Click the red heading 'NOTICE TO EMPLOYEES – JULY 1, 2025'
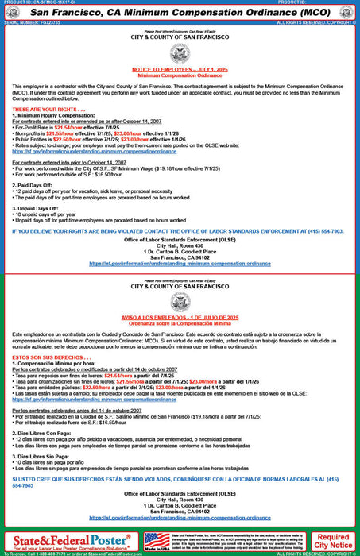point(180,69)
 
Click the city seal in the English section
point(180,54)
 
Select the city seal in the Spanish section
point(180,300)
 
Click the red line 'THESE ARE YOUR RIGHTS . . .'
point(46,108)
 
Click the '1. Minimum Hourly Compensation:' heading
point(52,114)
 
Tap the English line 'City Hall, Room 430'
point(180,245)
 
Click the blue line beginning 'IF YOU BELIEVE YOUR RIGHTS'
point(180,230)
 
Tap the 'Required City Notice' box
point(332,542)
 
